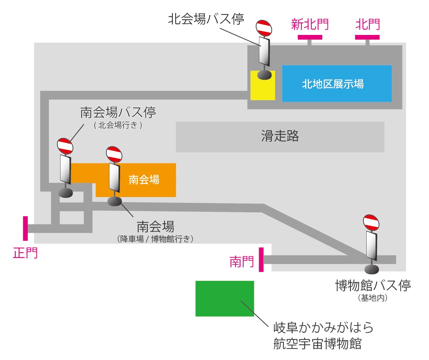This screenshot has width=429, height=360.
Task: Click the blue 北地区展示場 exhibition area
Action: (x=337, y=84)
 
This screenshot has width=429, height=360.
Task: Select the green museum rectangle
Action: (x=225, y=298)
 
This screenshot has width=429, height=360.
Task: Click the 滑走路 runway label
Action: (x=280, y=136)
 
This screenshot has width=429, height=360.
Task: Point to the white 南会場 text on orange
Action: (x=144, y=180)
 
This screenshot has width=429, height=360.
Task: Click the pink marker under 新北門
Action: (x=310, y=37)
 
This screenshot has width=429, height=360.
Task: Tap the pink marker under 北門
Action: (x=367, y=37)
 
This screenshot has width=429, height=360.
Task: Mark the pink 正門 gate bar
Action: (x=25, y=228)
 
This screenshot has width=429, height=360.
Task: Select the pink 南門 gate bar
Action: (x=261, y=259)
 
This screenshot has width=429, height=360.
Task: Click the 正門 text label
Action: (x=25, y=253)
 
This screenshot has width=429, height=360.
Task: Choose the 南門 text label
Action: (x=241, y=261)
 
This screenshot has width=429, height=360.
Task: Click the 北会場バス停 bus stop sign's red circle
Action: (x=264, y=27)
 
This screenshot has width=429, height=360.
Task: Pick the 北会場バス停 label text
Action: (x=206, y=19)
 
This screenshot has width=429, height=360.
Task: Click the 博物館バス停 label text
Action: (x=373, y=285)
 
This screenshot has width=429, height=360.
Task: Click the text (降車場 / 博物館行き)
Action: (x=156, y=239)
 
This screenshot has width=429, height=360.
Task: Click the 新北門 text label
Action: (x=310, y=24)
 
